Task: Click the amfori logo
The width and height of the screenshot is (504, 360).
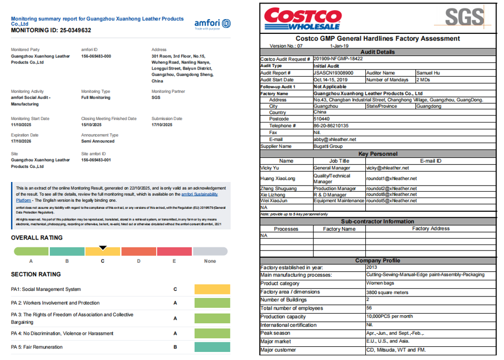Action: tap(212, 24)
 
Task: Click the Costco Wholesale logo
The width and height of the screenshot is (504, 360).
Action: tap(302, 19)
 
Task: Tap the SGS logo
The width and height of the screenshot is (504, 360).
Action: tap(464, 18)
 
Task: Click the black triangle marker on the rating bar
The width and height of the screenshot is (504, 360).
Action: tap(103, 248)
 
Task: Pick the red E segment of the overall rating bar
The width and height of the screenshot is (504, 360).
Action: tap(174, 251)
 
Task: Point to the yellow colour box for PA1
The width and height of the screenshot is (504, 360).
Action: tap(212, 289)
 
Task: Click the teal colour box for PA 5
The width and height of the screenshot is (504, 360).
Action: tap(212, 347)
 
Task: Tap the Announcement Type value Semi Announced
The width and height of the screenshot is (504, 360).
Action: tap(98, 141)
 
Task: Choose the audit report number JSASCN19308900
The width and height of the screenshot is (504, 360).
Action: tap(334, 73)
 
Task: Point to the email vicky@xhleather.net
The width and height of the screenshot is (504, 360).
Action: tap(388, 168)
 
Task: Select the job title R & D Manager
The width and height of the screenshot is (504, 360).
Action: tap(330, 195)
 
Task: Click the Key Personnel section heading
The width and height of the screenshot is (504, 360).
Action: tap(377, 154)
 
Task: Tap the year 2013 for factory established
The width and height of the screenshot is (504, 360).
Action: tap(371, 267)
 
